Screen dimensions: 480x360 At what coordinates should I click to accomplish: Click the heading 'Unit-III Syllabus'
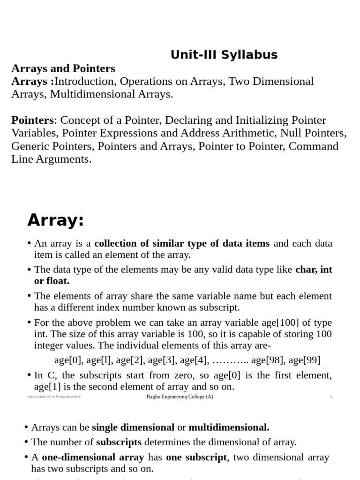224,55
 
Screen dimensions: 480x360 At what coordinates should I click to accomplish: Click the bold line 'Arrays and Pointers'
63,68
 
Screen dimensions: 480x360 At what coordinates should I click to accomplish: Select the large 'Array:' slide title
55,219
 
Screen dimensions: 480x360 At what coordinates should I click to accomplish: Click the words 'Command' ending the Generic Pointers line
314,146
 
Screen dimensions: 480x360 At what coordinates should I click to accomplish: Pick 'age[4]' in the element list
194,360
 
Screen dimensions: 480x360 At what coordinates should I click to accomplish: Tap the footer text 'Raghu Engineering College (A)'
180,397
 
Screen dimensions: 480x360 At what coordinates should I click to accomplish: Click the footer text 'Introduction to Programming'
54,397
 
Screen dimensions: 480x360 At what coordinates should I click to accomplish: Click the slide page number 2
331,397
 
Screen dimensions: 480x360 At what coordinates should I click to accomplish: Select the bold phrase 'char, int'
314,270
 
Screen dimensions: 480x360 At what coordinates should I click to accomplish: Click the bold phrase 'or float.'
52,281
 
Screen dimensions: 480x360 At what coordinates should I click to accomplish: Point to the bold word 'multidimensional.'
229,427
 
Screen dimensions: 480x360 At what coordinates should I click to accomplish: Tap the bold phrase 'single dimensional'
133,427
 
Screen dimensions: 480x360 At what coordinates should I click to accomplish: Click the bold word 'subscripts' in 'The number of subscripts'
119,442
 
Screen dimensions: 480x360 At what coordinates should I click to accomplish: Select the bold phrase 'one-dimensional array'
92,457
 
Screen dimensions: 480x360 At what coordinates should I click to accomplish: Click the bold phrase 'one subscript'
196,457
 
